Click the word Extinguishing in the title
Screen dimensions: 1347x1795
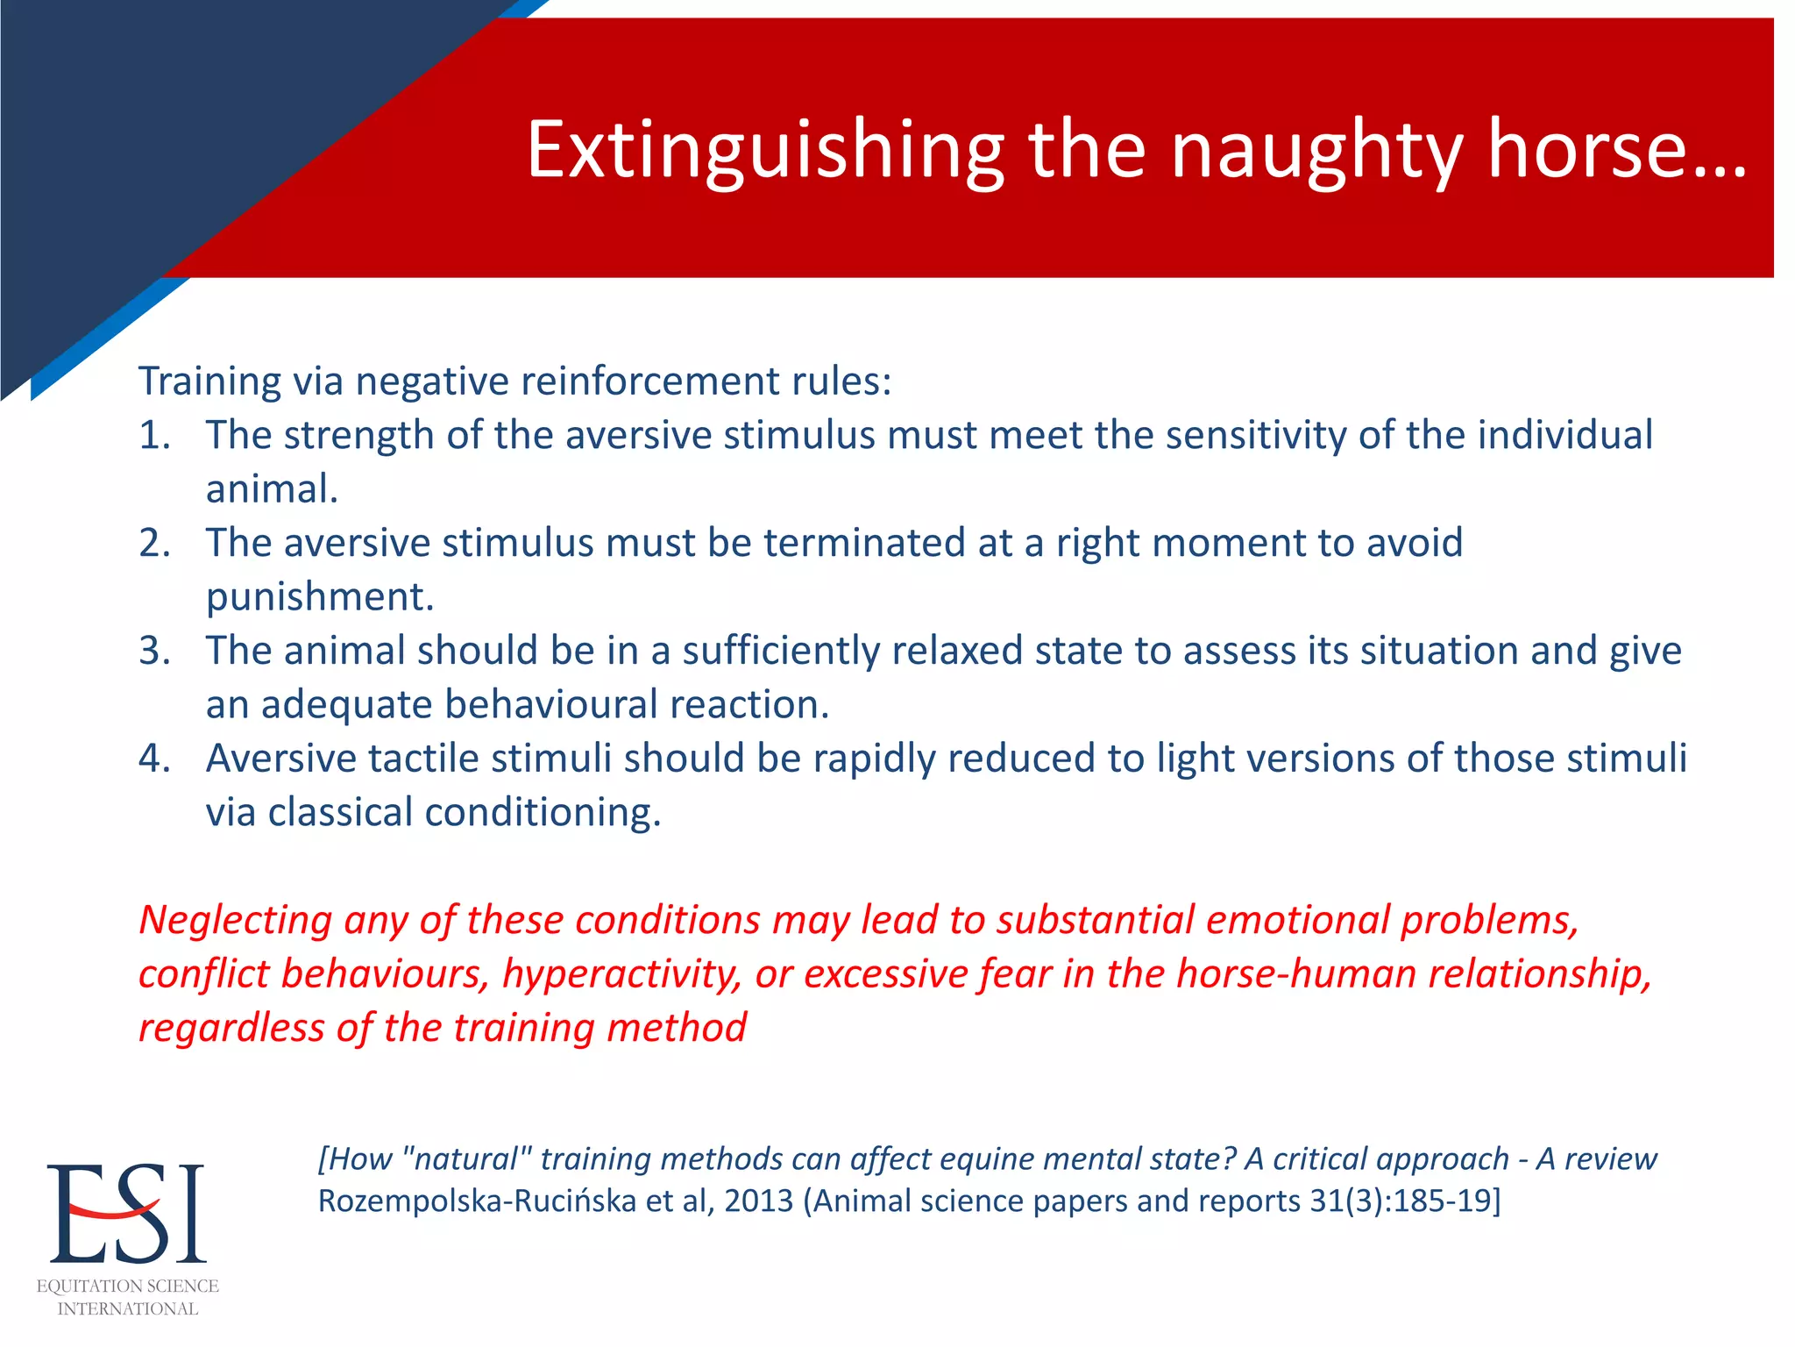click(x=764, y=151)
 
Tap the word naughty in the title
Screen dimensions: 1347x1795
click(x=1316, y=151)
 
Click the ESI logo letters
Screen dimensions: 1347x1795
click(x=126, y=1214)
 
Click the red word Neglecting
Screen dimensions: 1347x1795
click(x=235, y=921)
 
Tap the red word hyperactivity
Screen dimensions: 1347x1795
click(x=621, y=975)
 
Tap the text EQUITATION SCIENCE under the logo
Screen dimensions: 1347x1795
click(x=128, y=1286)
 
